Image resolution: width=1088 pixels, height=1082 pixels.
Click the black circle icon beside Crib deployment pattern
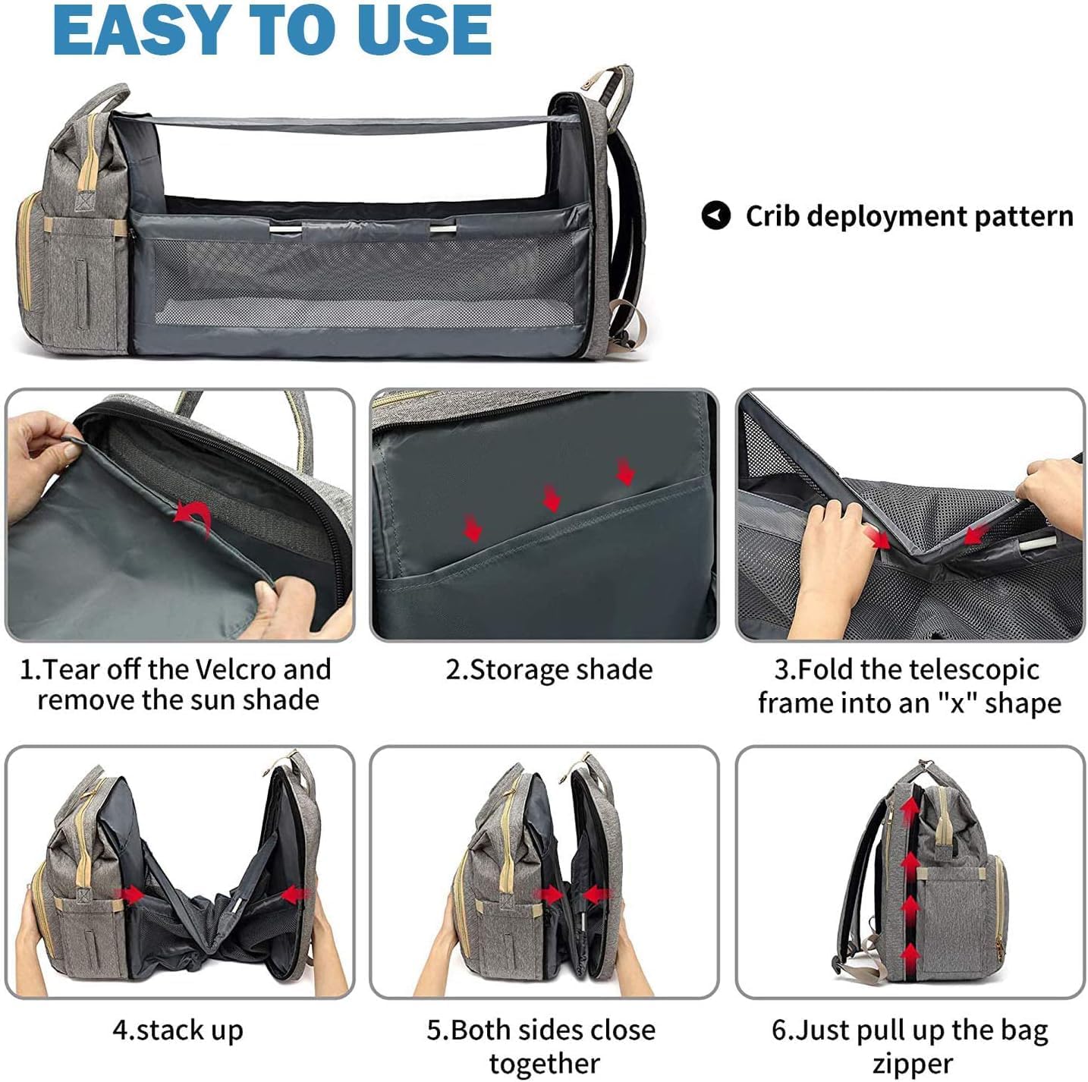point(715,215)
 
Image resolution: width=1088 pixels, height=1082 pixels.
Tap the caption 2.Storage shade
point(549,669)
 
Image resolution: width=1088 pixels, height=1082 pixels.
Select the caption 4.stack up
point(178,1030)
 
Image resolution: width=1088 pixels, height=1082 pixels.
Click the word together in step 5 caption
point(544,1063)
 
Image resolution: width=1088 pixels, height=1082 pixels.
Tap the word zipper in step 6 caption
point(912,1063)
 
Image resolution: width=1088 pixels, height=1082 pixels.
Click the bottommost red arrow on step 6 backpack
point(910,953)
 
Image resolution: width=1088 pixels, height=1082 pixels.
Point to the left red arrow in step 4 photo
point(130,895)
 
